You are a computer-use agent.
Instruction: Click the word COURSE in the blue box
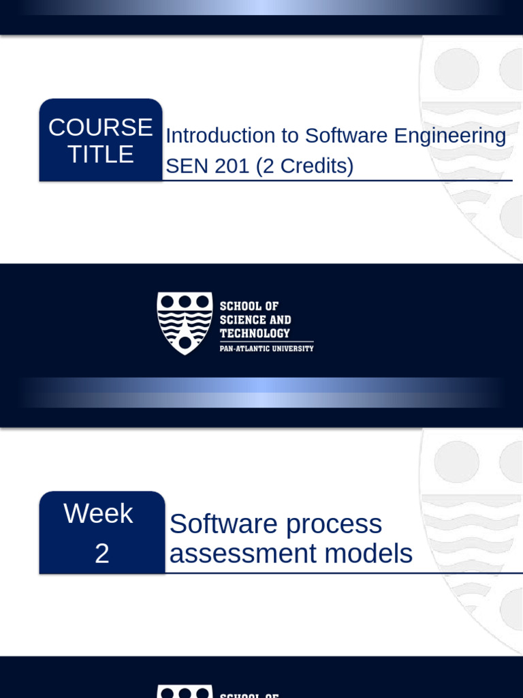(101, 127)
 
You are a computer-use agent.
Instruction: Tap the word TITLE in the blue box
(101, 155)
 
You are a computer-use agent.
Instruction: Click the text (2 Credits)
(305, 166)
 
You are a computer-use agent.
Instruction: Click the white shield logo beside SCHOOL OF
(185, 322)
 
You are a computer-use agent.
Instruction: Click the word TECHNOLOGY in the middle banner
(255, 333)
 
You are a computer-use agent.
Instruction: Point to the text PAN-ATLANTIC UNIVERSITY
(266, 348)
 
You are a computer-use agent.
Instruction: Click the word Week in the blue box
(98, 514)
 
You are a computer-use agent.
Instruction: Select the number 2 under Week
(101, 553)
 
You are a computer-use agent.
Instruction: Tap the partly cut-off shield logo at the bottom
(185, 691)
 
